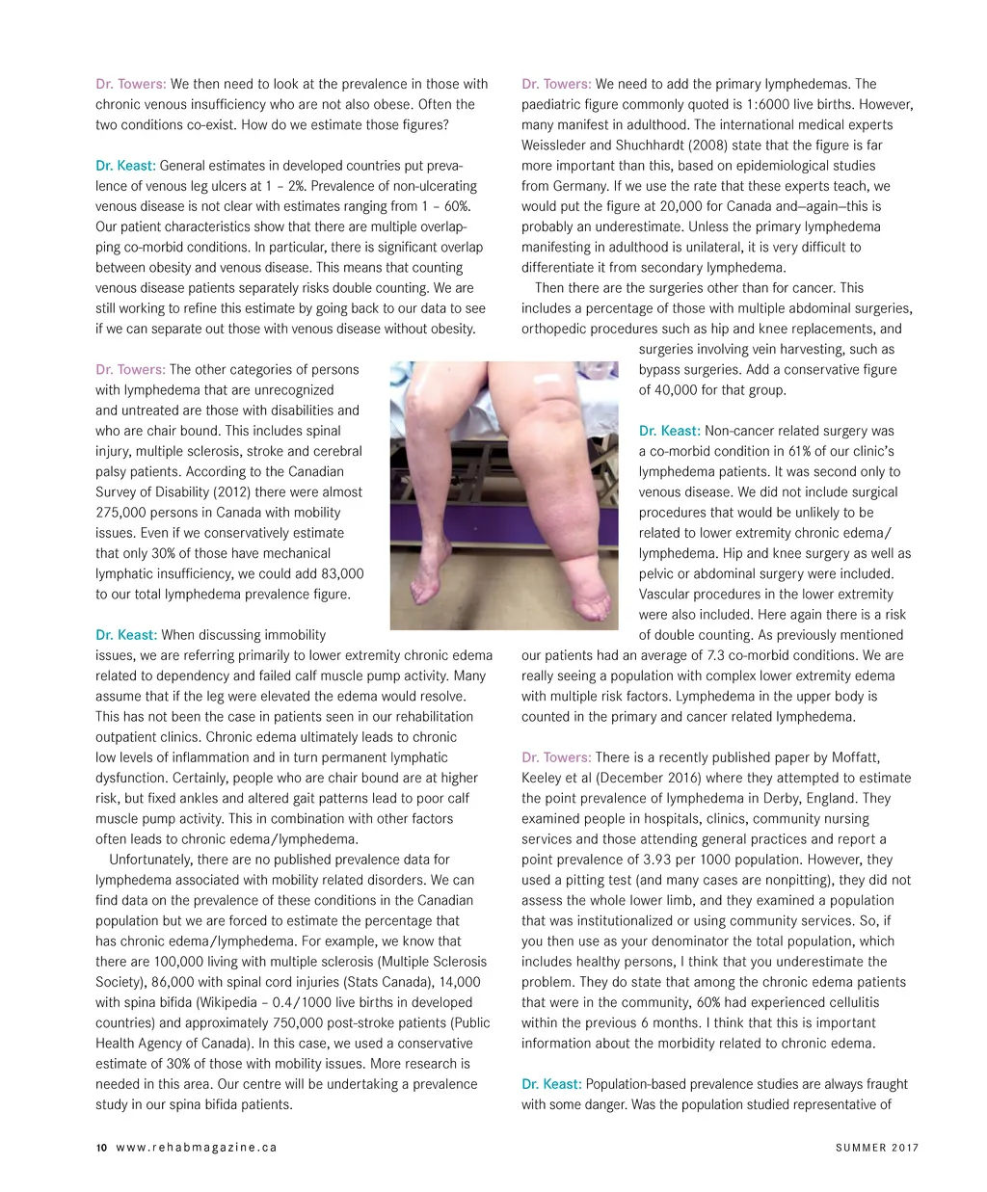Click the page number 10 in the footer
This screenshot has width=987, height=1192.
point(100,1148)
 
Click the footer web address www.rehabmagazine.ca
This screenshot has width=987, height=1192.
point(197,1148)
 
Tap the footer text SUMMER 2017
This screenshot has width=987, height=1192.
point(877,1148)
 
